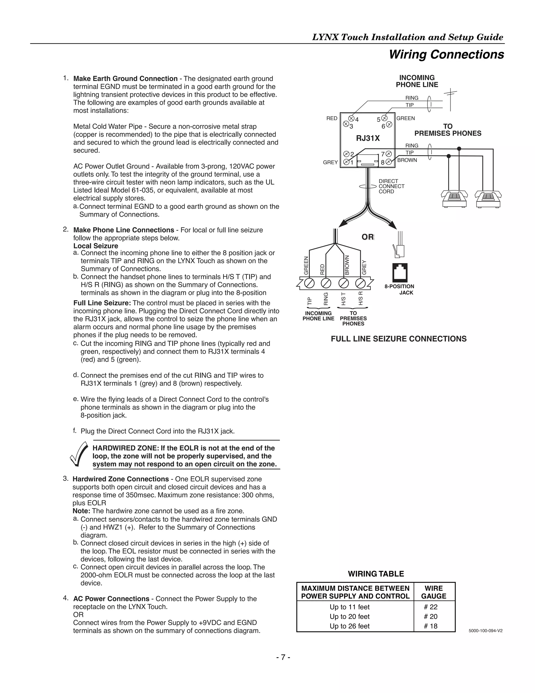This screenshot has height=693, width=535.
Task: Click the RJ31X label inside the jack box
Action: point(368,138)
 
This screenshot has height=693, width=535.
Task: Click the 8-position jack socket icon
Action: point(400,272)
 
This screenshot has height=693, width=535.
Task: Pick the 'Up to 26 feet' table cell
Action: point(349,626)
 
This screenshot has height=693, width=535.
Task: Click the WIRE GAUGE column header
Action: point(434,592)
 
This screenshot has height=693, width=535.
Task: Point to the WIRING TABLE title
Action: point(376,574)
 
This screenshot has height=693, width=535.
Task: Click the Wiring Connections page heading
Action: point(446,54)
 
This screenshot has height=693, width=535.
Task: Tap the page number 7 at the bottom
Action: point(283,657)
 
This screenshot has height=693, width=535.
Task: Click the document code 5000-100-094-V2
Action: point(485,630)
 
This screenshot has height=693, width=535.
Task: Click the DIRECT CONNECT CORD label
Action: point(391,186)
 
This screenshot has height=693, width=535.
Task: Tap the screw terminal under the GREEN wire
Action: point(309,283)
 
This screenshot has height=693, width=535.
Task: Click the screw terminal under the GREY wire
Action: point(360,283)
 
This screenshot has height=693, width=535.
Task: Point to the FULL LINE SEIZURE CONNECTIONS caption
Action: point(398,339)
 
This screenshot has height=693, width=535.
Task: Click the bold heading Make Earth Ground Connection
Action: point(125,79)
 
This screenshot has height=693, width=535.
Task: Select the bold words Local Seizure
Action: point(96,246)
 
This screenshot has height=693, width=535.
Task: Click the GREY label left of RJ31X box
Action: point(330,162)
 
